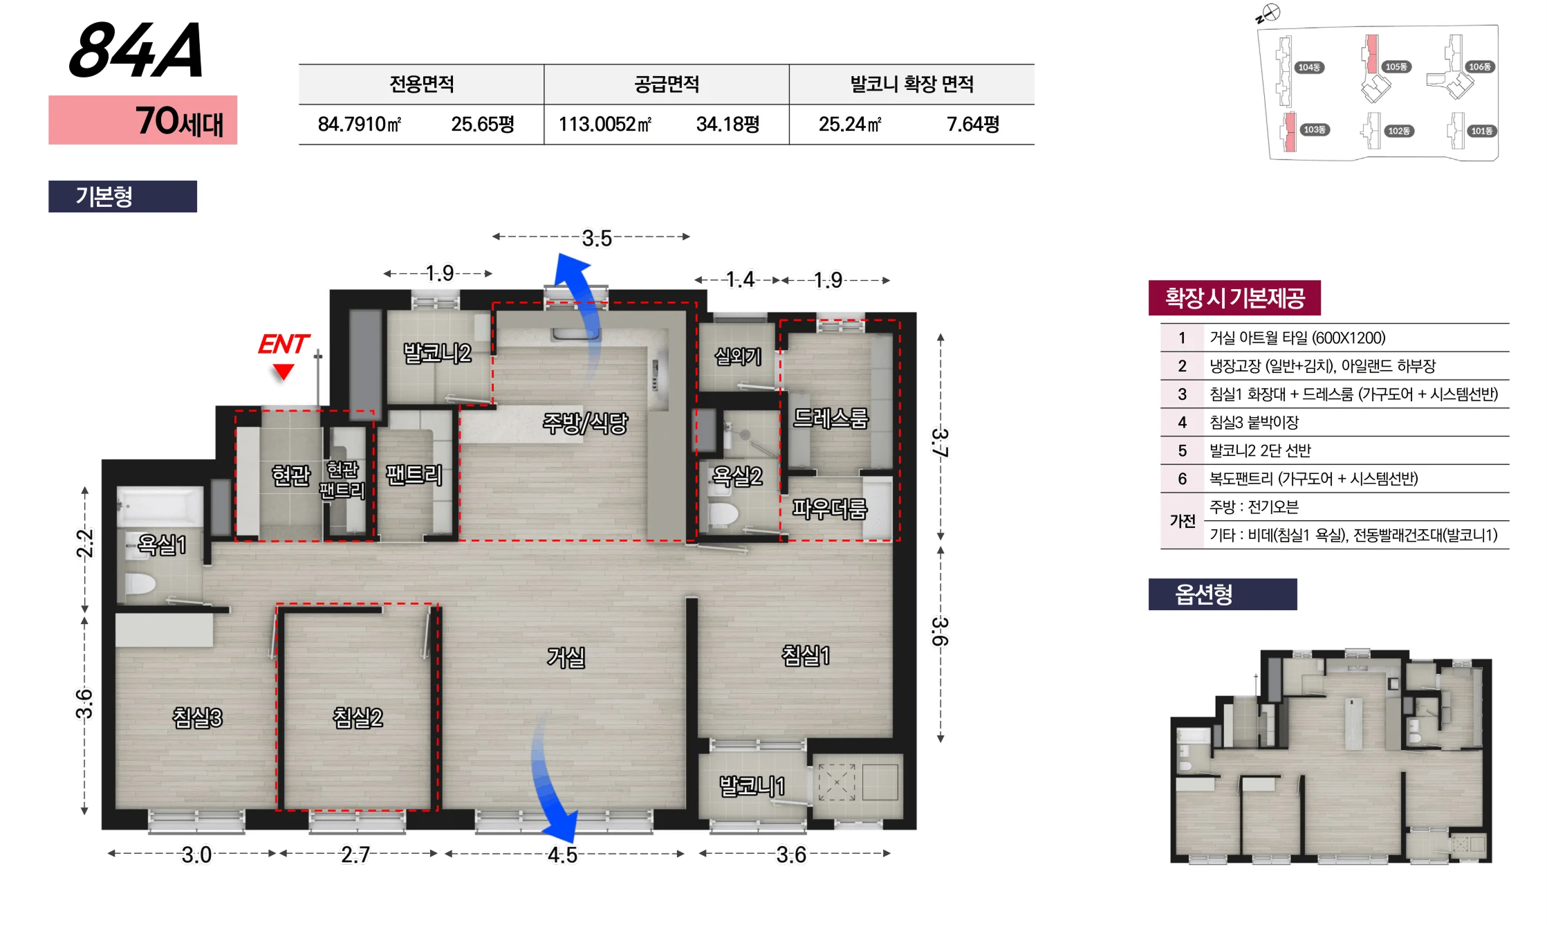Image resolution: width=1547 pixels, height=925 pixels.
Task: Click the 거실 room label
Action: pyautogui.click(x=566, y=657)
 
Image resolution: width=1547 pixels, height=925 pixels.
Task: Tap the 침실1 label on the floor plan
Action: pyautogui.click(x=806, y=654)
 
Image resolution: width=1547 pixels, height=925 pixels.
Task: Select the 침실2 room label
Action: pyautogui.click(x=358, y=717)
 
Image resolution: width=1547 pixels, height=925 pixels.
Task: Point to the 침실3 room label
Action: pyautogui.click(x=197, y=717)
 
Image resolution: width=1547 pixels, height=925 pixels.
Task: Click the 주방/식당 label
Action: pyautogui.click(x=585, y=423)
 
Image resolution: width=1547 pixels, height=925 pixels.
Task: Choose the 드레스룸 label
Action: pyautogui.click(x=830, y=418)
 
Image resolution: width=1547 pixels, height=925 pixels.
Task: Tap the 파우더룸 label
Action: pyautogui.click(x=829, y=509)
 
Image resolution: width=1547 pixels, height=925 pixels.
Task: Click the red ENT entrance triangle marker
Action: pyautogui.click(x=283, y=372)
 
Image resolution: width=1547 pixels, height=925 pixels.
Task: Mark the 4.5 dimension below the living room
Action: pyautogui.click(x=562, y=855)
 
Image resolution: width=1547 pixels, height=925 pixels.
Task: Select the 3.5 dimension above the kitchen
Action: pyautogui.click(x=597, y=238)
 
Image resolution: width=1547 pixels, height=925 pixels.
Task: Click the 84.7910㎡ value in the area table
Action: pyautogui.click(x=360, y=125)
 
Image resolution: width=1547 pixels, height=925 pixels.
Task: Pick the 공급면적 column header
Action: pyautogui.click(x=667, y=84)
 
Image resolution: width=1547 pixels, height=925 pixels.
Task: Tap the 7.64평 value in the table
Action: pyautogui.click(x=973, y=125)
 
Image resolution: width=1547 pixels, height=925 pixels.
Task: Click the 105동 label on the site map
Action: pyautogui.click(x=1396, y=66)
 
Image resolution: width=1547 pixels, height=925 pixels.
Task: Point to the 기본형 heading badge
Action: pyautogui.click(x=122, y=196)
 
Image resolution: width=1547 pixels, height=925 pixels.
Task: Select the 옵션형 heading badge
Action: pyautogui.click(x=1223, y=594)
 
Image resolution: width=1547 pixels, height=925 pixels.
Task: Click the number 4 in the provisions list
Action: pyautogui.click(x=1182, y=422)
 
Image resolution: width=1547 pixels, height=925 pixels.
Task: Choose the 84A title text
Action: pyautogui.click(x=136, y=50)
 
